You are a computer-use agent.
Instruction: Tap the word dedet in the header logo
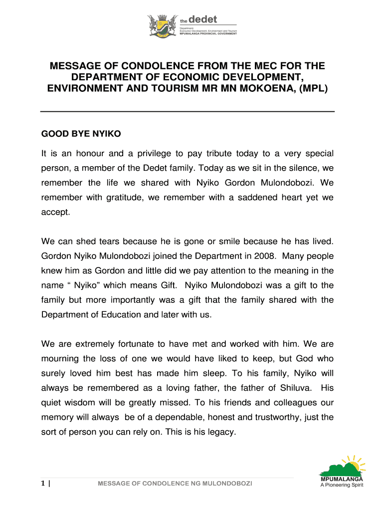[205, 20]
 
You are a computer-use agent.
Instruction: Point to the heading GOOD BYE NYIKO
[81, 134]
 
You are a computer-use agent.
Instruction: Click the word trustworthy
[279, 417]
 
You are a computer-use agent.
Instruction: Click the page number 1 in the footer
[43, 483]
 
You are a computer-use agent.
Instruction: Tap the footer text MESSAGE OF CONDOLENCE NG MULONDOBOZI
[175, 484]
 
